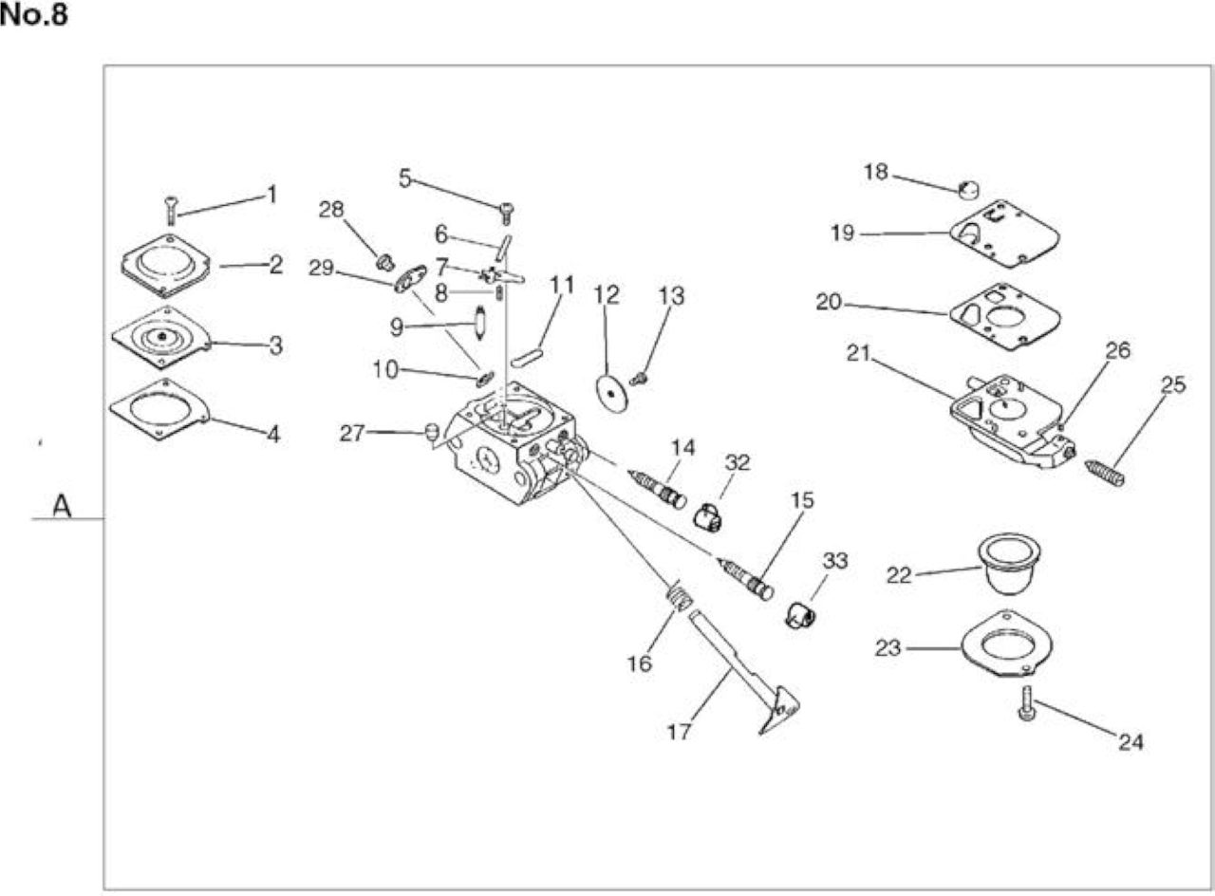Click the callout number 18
click(x=875, y=172)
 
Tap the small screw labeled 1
click(x=172, y=211)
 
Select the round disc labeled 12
click(x=611, y=392)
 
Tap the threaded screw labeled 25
click(x=1104, y=473)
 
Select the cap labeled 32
click(x=708, y=517)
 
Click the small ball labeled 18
click(x=968, y=191)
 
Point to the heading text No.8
click(x=34, y=15)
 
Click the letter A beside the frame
click(x=63, y=507)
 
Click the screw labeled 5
click(x=507, y=214)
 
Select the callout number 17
click(x=679, y=732)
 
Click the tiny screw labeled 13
click(x=640, y=378)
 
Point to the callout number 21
click(x=858, y=353)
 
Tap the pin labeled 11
click(x=526, y=358)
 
